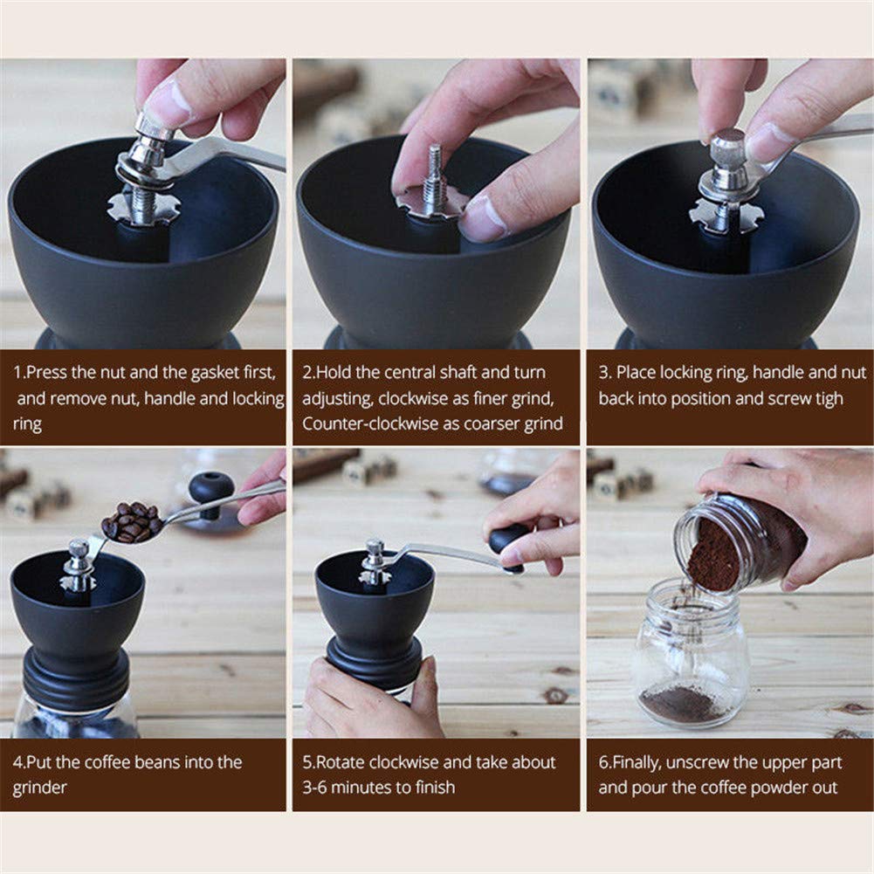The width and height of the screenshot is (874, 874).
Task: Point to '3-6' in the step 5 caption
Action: click(x=316, y=788)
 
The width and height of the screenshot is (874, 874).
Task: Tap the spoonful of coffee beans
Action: click(x=131, y=522)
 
